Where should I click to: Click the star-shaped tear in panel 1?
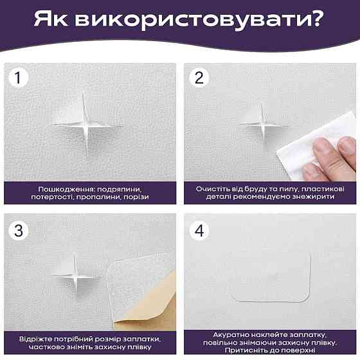click(84, 122)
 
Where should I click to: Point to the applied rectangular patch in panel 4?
click(270, 277)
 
